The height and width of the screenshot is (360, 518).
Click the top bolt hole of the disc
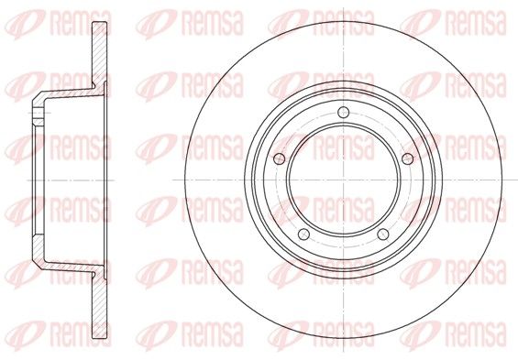pos(344,113)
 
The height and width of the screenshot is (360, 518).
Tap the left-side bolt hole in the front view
pos(280,159)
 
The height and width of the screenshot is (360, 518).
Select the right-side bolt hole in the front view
pos(408,159)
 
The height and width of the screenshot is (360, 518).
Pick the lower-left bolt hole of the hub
pos(303,235)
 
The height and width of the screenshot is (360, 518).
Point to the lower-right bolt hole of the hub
pos(383,235)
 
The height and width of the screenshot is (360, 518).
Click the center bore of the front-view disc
pos(344,180)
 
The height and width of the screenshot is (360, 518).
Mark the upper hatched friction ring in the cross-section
pos(99,53)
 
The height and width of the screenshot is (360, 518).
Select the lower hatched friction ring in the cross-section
pos(99,305)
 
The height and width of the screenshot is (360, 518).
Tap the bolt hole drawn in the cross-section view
pos(39,113)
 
